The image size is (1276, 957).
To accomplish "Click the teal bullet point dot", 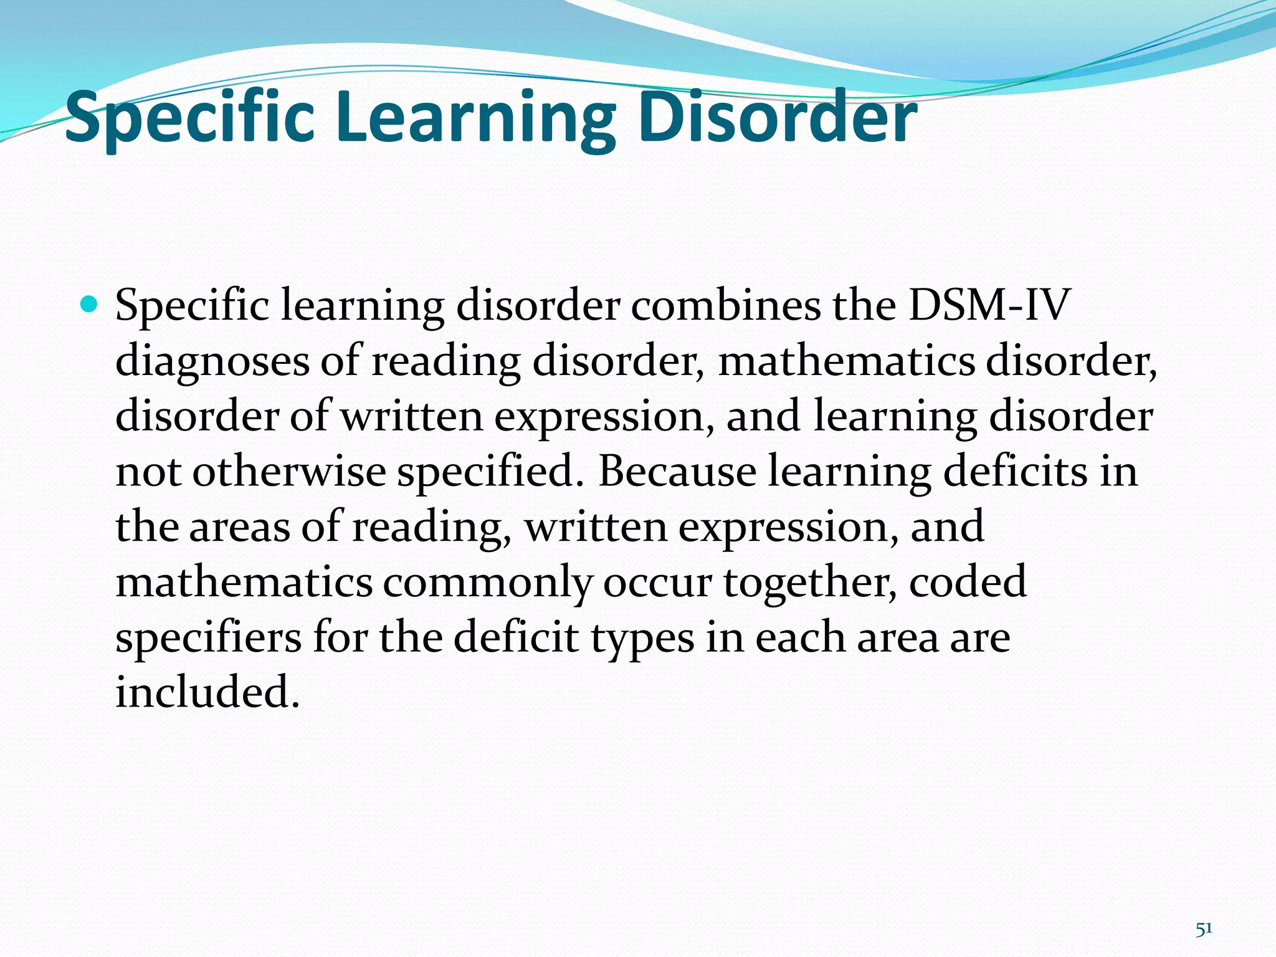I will (90, 305).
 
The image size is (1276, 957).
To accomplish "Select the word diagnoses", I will (212, 361).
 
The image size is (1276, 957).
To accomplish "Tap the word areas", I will (239, 526).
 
